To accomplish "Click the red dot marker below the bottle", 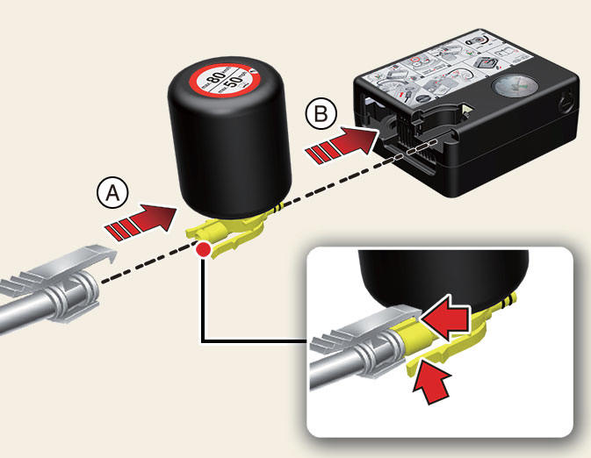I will [x=204, y=251].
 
